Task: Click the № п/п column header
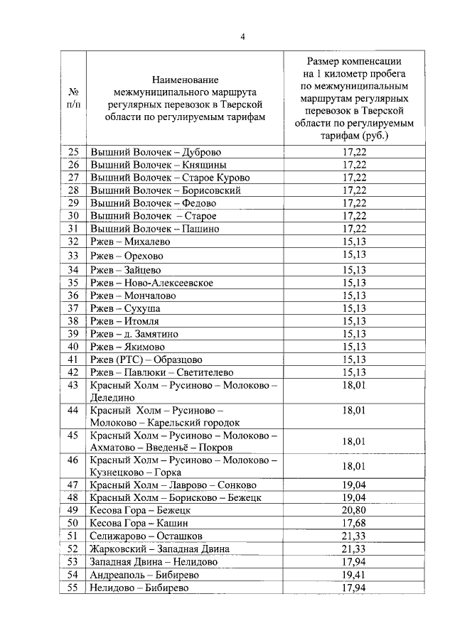(73, 97)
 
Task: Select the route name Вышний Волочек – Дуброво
(156, 152)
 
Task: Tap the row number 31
(73, 229)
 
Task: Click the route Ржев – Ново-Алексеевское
(151, 283)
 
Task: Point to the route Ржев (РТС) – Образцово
(146, 360)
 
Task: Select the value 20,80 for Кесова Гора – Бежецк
(354, 510)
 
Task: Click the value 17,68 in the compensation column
(354, 523)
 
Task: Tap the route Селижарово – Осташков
(146, 536)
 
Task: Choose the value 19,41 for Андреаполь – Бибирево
(354, 574)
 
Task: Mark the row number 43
(73, 386)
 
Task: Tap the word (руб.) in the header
(376, 135)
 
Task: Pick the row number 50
(73, 523)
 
